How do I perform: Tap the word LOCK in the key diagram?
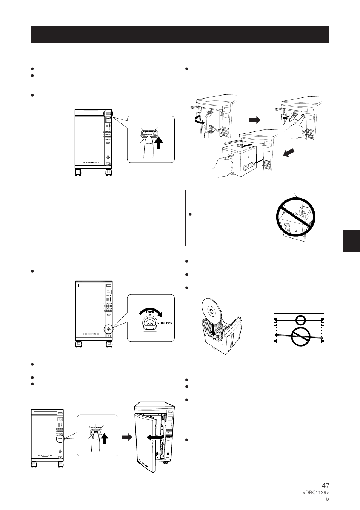tap(151, 313)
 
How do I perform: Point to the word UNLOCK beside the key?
tap(166, 324)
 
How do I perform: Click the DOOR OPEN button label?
tap(96, 428)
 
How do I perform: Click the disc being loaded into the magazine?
tap(210, 312)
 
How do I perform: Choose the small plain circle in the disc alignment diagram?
tap(300, 320)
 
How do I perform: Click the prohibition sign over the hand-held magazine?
tap(295, 217)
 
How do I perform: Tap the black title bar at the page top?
tap(180, 34)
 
